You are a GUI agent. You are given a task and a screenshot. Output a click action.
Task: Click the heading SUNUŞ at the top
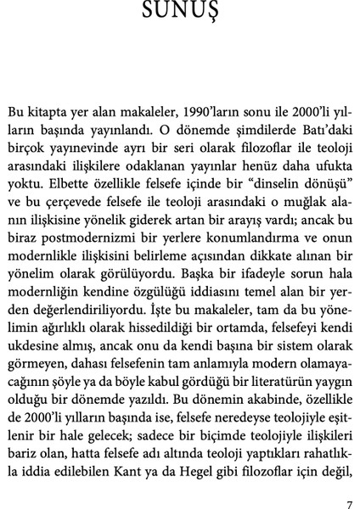[180, 10]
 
